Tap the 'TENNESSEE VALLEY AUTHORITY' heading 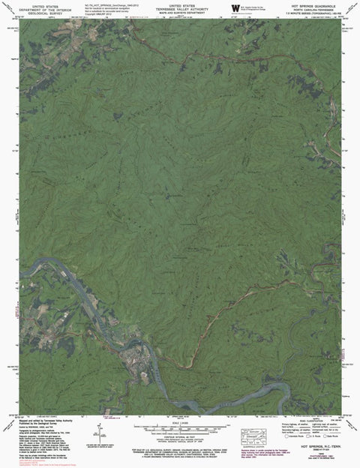[181, 7]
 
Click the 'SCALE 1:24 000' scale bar [180, 427]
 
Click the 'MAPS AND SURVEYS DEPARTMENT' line [181, 10]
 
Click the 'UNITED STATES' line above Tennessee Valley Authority [181, 3]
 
